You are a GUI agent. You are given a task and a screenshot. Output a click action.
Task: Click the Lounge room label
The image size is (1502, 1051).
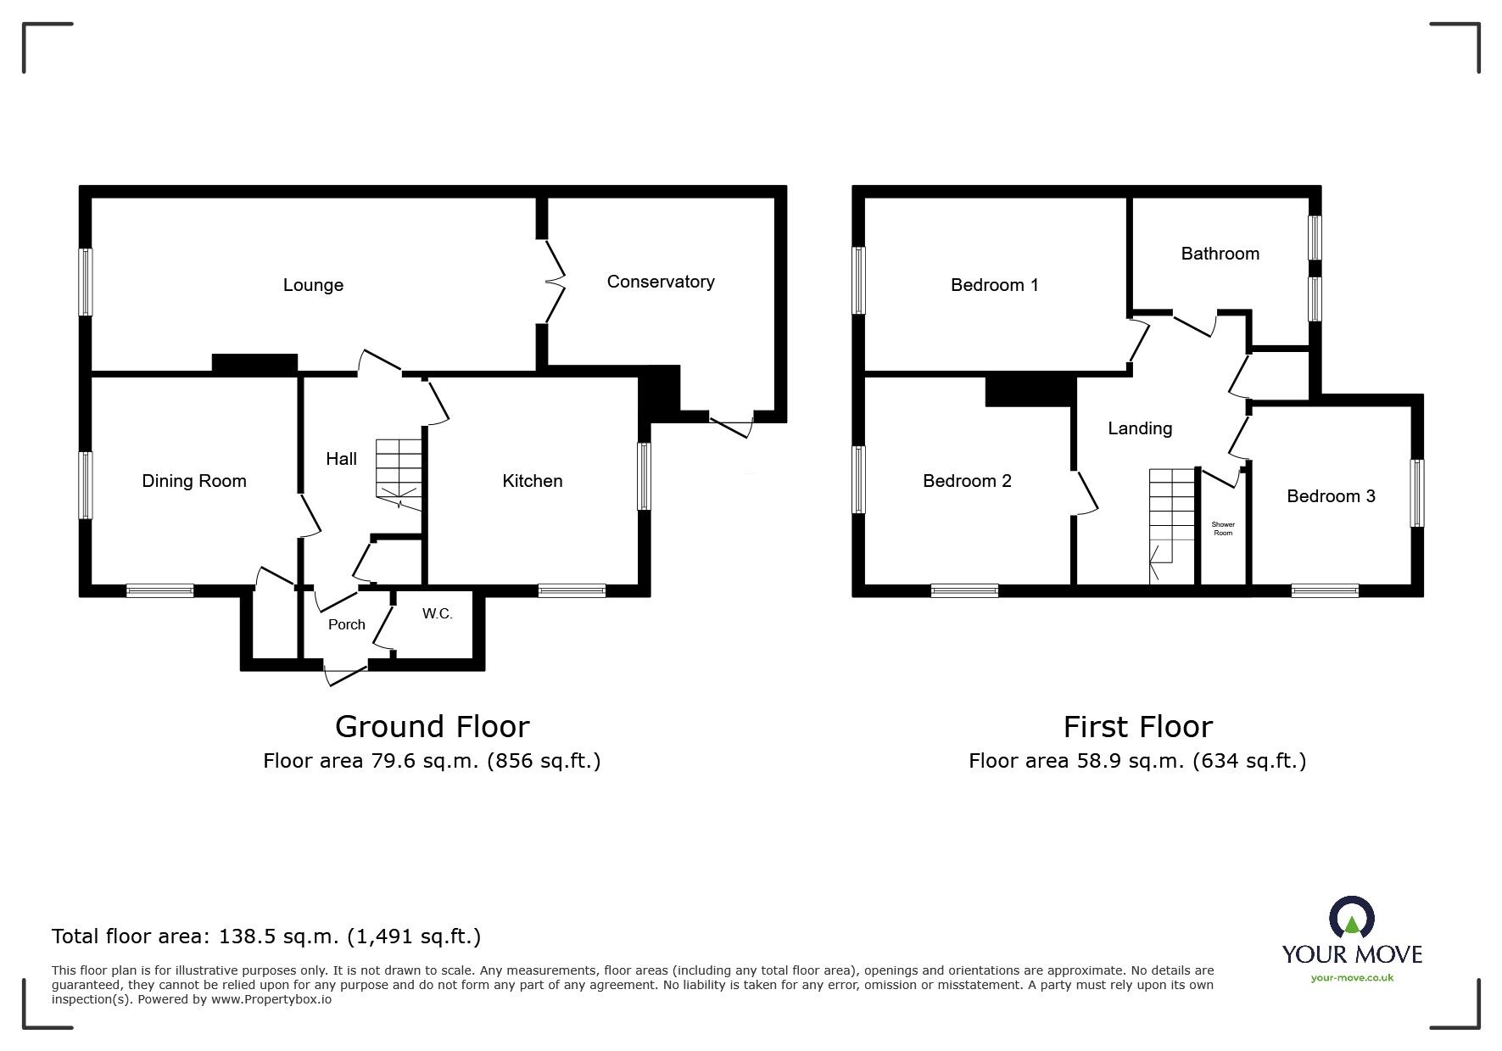click(x=313, y=285)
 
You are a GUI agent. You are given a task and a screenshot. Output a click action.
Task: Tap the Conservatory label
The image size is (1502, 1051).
click(x=660, y=282)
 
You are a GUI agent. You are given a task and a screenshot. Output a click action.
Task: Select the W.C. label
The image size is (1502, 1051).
click(x=437, y=613)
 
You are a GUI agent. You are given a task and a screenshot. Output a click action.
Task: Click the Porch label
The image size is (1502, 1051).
click(x=346, y=624)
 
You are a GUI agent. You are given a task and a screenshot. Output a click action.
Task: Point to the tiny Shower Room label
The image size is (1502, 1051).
click(x=1222, y=528)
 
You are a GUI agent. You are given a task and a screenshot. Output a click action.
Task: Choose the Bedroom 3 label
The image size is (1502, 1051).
click(x=1330, y=496)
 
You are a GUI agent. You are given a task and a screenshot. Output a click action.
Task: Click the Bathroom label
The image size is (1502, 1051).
click(x=1220, y=254)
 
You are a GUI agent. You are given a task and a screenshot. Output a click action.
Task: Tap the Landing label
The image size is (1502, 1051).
click(x=1139, y=428)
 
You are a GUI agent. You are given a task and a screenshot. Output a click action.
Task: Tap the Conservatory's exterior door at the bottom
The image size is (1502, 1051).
click(x=731, y=426)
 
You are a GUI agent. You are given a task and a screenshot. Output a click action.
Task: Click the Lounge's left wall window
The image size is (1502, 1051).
click(x=86, y=282)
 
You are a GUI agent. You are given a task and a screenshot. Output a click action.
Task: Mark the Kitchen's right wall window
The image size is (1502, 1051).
click(x=644, y=476)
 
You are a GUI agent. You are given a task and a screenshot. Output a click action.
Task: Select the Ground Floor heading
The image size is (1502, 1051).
click(x=432, y=727)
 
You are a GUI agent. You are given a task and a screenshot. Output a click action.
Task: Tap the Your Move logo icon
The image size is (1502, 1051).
click(x=1351, y=919)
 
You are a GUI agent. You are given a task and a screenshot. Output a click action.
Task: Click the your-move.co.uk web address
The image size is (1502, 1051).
click(x=1351, y=978)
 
